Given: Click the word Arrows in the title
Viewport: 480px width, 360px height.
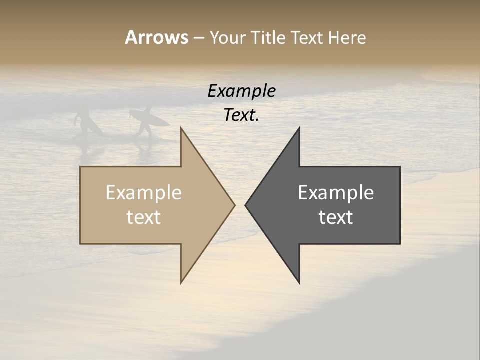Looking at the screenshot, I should point(156,37).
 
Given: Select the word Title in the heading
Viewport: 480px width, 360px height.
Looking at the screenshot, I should point(268,37).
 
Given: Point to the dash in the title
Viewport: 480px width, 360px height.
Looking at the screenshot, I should point(198,38).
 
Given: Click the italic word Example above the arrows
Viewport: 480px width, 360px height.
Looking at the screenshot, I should point(241,91).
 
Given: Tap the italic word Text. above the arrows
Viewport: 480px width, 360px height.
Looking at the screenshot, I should point(241,115).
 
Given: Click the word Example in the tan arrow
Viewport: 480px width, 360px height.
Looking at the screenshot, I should point(143,192).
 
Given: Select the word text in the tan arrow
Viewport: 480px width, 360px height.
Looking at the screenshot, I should point(143,217).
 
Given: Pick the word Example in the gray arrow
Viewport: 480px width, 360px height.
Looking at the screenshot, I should point(336,192).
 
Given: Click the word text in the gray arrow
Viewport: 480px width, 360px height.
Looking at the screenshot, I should point(336,217).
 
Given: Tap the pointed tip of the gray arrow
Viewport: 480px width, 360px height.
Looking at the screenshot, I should point(246,205).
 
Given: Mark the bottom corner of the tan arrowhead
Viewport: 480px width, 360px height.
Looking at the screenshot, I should point(181,282).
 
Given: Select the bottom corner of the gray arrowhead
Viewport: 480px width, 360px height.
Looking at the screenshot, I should point(299,282).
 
